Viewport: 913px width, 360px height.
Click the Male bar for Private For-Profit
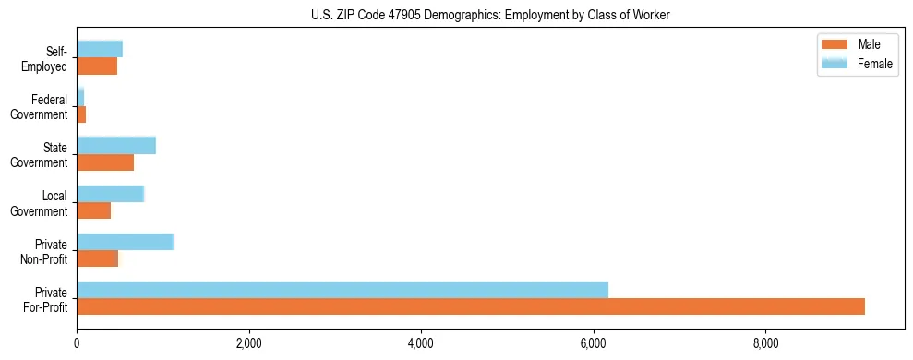point(471,306)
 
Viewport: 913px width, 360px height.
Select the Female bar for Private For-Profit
point(342,290)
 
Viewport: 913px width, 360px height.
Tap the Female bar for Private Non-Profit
point(125,242)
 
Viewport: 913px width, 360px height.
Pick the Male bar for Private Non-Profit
point(97,258)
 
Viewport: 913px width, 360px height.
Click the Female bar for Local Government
point(110,194)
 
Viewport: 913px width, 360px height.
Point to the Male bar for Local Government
point(93,210)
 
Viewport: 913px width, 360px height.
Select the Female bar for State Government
point(116,146)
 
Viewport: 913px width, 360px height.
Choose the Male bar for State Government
point(105,162)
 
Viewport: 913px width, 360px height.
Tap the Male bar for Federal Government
point(81,114)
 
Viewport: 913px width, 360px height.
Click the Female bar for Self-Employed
point(100,49)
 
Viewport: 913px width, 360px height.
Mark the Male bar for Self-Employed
point(97,66)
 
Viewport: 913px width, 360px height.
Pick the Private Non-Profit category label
point(46,251)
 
